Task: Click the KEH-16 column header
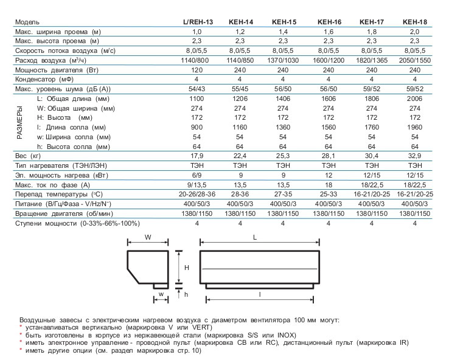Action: [x=330, y=22]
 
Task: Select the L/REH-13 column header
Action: [x=198, y=22]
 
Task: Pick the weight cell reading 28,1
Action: [x=329, y=155]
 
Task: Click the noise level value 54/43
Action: [x=198, y=89]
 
